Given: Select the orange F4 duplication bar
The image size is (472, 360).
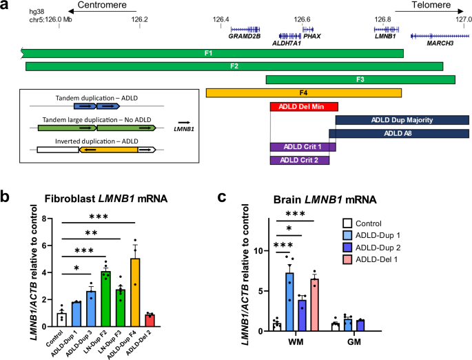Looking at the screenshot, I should [303, 93].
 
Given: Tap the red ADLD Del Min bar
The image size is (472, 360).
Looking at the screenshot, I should [303, 107].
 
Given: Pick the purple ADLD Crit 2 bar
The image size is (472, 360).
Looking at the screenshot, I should [299, 160].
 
